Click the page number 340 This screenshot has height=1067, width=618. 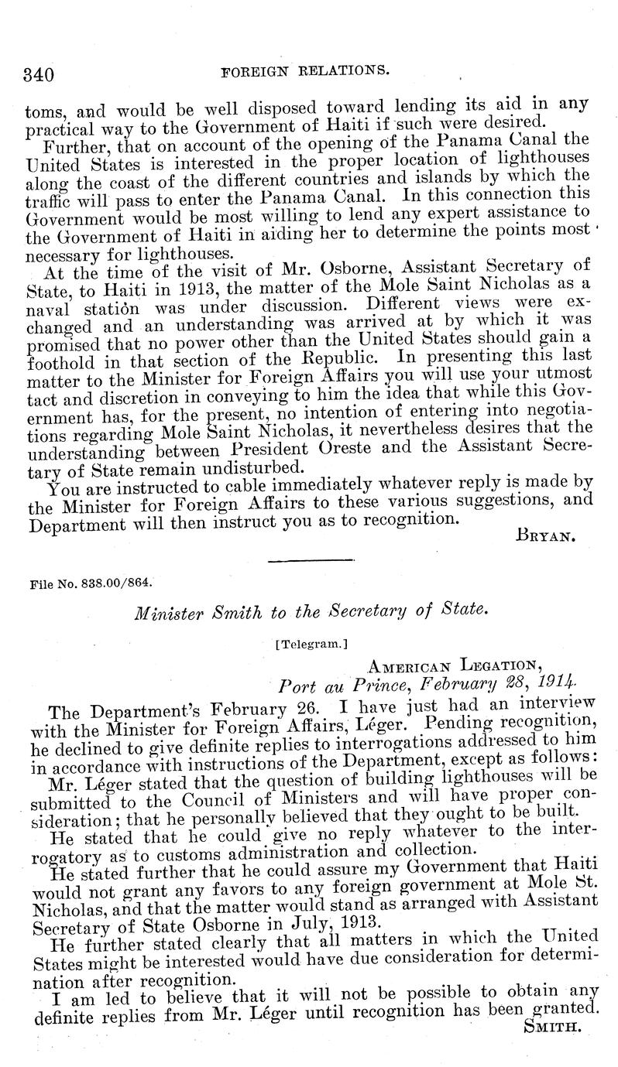pyautogui.click(x=38, y=74)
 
